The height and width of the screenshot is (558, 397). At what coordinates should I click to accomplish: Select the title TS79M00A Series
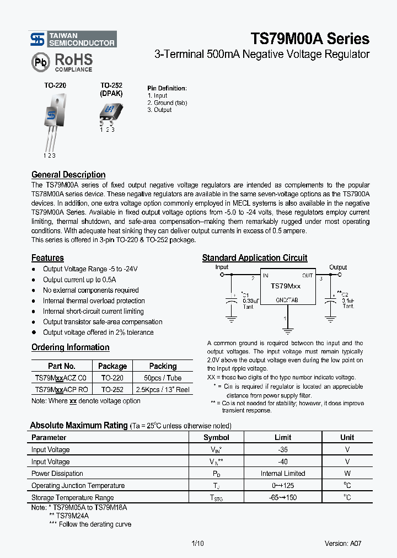pos(310,39)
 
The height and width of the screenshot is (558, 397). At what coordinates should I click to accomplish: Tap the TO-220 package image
pos(52,121)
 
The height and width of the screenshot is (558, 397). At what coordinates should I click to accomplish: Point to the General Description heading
pos(68,175)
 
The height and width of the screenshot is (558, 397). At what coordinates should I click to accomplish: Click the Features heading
pos(47,258)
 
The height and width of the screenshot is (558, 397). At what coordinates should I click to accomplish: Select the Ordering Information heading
pos(70,347)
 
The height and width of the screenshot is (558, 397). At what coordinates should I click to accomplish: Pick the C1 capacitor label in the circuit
pos(245,295)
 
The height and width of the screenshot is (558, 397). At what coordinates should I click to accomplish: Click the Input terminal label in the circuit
pos(222,267)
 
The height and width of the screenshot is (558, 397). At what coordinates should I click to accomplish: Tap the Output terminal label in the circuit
pos(338,267)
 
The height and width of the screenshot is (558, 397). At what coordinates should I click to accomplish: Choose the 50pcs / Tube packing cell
pos(163,378)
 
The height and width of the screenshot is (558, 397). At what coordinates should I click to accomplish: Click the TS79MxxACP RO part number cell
pos(61,389)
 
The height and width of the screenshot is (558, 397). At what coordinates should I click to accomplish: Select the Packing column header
pos(163,366)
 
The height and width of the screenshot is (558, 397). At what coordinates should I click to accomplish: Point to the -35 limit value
pos(282,450)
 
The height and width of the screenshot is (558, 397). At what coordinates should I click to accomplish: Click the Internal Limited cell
pos(282,474)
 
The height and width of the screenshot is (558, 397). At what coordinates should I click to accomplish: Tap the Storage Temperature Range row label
pos(72,498)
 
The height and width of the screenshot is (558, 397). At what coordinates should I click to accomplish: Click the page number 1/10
pos(197,543)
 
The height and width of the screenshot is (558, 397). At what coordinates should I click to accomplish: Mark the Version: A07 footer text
pos(343,543)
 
